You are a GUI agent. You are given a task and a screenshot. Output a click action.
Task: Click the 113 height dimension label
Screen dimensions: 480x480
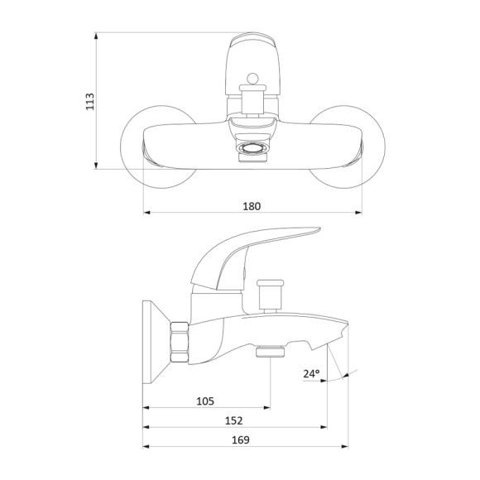89,101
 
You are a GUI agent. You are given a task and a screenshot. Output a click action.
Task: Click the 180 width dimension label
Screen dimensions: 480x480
252,206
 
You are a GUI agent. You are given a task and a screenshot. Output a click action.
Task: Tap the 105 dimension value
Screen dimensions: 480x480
205,401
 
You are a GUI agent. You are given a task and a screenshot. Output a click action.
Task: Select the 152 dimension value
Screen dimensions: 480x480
234,420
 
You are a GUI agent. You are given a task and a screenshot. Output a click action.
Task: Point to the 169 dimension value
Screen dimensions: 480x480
241,440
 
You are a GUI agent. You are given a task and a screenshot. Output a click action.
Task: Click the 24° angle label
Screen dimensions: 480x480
311,373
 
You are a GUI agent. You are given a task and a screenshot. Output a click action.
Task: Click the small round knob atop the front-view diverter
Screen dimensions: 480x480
252,79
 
